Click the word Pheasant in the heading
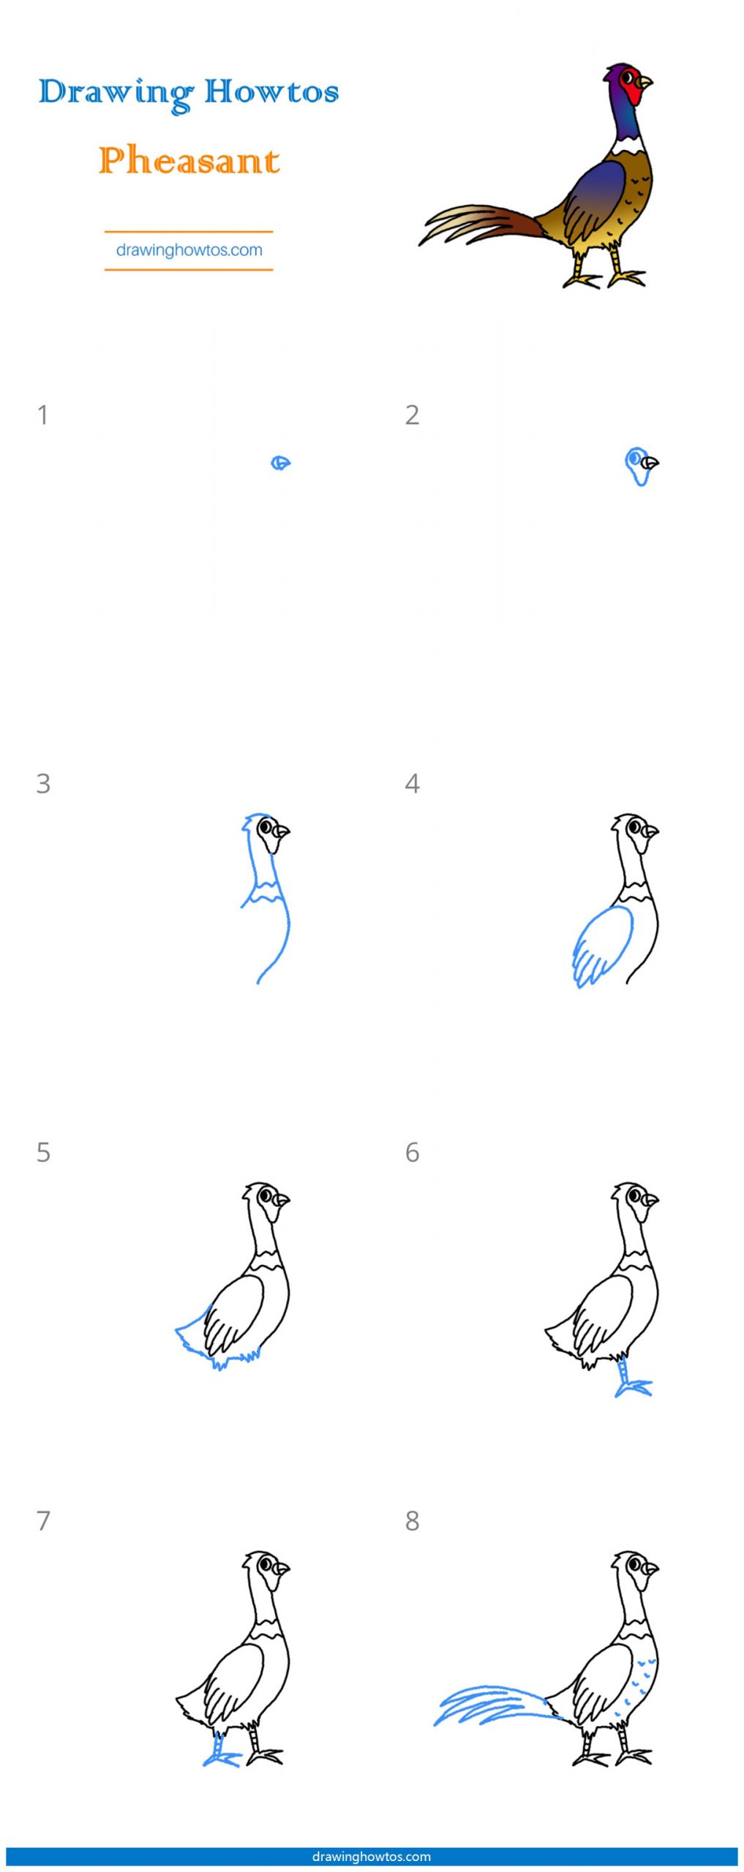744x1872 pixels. click(189, 160)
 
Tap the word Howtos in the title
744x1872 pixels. click(271, 91)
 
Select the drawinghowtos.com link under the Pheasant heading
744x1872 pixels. click(189, 250)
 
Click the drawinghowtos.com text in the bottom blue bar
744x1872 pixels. click(372, 1856)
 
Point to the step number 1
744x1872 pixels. click(43, 415)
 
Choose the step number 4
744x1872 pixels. click(413, 784)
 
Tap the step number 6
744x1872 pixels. click(413, 1152)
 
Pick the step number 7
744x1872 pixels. click(44, 1521)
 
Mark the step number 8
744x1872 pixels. click(413, 1521)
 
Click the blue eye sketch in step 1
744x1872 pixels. click(281, 463)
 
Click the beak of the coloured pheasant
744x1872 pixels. click(644, 83)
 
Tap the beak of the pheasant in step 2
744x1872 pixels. click(650, 463)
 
